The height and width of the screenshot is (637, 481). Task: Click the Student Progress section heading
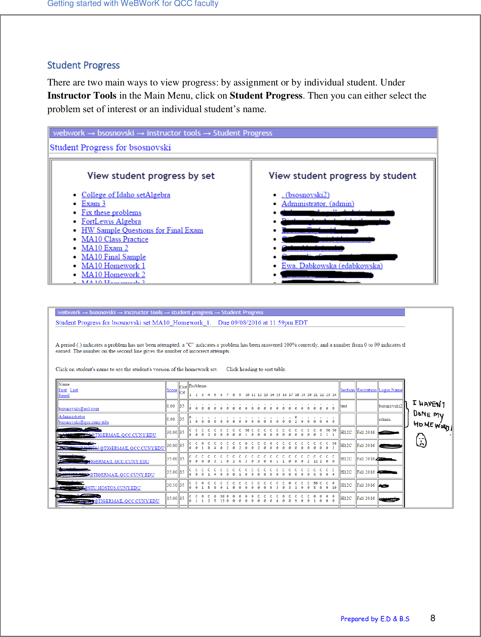click(83, 65)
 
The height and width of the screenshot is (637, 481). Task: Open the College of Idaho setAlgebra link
click(126, 195)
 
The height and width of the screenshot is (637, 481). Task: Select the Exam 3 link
click(93, 204)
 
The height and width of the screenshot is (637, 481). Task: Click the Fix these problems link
click(111, 213)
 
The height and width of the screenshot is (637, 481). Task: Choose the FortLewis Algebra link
click(111, 221)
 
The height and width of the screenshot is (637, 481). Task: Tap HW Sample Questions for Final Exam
click(142, 230)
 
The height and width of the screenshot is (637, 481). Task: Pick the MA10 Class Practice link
click(115, 239)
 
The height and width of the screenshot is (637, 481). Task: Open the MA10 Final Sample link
click(113, 257)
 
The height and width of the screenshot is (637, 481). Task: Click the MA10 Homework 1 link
click(113, 266)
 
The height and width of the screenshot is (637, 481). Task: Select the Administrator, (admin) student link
click(317, 204)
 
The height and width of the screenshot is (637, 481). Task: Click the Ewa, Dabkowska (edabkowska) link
click(332, 266)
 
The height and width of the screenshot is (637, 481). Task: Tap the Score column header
click(172, 390)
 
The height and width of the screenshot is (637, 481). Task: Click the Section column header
click(347, 390)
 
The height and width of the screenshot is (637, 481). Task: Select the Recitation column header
click(366, 390)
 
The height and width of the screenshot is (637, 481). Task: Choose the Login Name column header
click(390, 390)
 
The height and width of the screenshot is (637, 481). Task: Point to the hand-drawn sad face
click(421, 441)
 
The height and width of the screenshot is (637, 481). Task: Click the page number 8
click(433, 618)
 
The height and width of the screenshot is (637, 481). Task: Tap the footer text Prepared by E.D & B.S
click(375, 619)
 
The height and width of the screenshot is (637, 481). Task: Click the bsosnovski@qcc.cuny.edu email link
click(84, 422)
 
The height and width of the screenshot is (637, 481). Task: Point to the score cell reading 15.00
click(172, 498)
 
